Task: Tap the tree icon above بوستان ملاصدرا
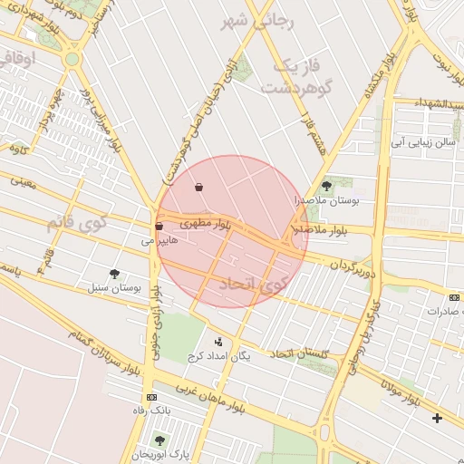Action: tap(327, 185)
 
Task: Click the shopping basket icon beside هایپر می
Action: tap(159, 226)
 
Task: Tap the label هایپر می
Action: tap(156, 242)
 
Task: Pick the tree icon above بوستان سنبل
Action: tap(113, 273)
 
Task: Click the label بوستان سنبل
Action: tap(114, 287)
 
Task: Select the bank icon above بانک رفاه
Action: tap(150, 397)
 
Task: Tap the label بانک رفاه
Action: tap(150, 411)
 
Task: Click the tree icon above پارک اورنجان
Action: tap(160, 440)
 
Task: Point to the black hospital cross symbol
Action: tap(438, 418)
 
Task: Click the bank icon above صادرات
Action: tap(454, 296)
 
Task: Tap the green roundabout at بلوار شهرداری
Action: tap(72, 60)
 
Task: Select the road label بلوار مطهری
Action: tap(205, 222)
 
